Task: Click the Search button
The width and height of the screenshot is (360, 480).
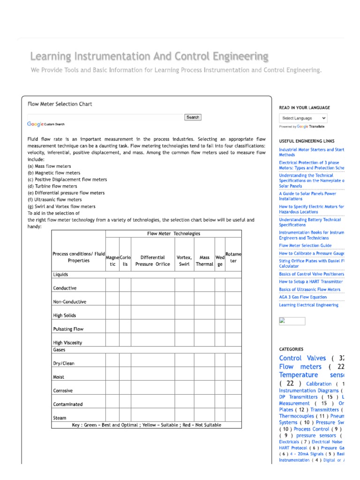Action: [193, 117]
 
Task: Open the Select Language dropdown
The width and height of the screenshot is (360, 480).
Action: [303, 118]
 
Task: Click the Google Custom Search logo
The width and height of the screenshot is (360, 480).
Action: [46, 124]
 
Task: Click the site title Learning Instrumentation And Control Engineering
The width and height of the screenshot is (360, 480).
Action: [149, 57]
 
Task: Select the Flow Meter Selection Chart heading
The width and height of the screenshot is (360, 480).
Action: [60, 104]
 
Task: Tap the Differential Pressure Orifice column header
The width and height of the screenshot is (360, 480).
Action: [152, 261]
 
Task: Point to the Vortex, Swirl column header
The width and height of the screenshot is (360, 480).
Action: [184, 261]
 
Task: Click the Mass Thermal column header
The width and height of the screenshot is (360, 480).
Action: [204, 261]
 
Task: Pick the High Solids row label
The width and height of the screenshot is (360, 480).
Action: [65, 315]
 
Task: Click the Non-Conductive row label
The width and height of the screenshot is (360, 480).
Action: [70, 302]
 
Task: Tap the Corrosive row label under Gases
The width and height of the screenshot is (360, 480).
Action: [63, 390]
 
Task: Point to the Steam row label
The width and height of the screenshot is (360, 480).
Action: [60, 418]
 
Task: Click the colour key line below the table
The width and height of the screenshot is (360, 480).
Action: [146, 425]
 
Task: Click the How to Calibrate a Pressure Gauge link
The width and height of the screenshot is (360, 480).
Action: [311, 253]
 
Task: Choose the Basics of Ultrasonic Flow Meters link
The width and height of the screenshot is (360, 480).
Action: [310, 290]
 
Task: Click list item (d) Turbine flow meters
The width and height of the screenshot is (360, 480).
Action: [52, 186]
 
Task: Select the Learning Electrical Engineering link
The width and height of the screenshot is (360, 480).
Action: [308, 305]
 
